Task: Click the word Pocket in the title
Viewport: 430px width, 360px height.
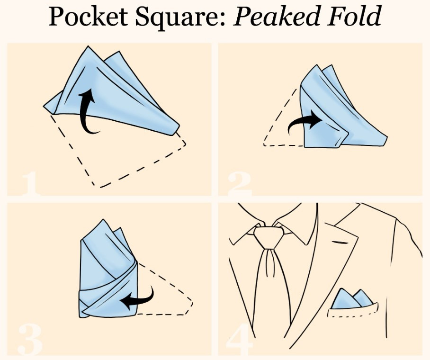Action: tap(88, 16)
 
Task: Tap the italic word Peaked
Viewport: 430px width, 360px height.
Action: tap(276, 16)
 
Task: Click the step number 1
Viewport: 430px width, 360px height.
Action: tap(30, 184)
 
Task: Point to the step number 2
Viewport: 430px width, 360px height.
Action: tap(240, 184)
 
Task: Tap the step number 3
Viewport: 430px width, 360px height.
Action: tap(30, 340)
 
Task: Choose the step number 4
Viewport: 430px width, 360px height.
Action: tap(239, 340)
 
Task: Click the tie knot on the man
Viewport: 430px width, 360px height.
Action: tap(268, 236)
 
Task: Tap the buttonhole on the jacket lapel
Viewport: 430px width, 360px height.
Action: tap(340, 242)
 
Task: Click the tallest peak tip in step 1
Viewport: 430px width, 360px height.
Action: tap(88, 46)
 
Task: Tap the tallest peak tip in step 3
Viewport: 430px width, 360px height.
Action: tap(103, 219)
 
